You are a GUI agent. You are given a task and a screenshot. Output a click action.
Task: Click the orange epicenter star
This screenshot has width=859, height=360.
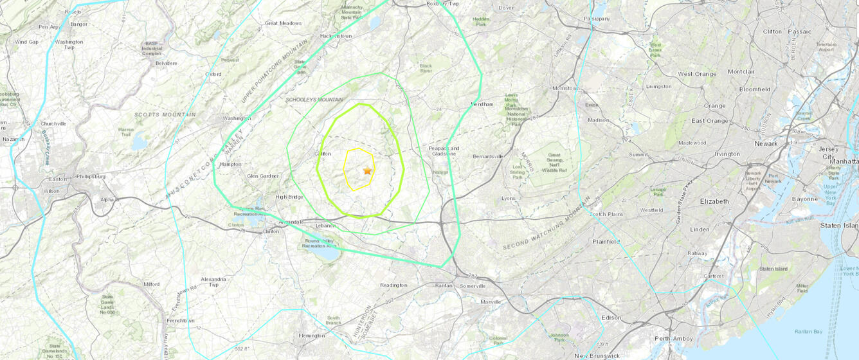click(x=367, y=171)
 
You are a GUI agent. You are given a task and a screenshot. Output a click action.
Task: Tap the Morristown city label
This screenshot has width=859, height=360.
click(x=566, y=88)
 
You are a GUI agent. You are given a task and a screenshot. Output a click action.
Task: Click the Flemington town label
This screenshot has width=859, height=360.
click(x=312, y=336)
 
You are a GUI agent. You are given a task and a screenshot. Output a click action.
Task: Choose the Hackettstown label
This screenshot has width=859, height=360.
click(x=336, y=36)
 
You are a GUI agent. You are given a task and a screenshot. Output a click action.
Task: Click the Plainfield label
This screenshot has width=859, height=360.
click(x=606, y=242)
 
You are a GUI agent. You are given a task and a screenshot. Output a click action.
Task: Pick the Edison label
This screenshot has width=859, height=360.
click(x=611, y=318)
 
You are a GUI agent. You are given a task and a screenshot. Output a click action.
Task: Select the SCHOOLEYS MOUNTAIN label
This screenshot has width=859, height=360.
click(x=314, y=100)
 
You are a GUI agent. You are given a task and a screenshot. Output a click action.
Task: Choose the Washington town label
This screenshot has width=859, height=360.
click(x=236, y=118)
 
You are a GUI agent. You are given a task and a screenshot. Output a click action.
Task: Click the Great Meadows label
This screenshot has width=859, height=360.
click(x=283, y=23)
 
